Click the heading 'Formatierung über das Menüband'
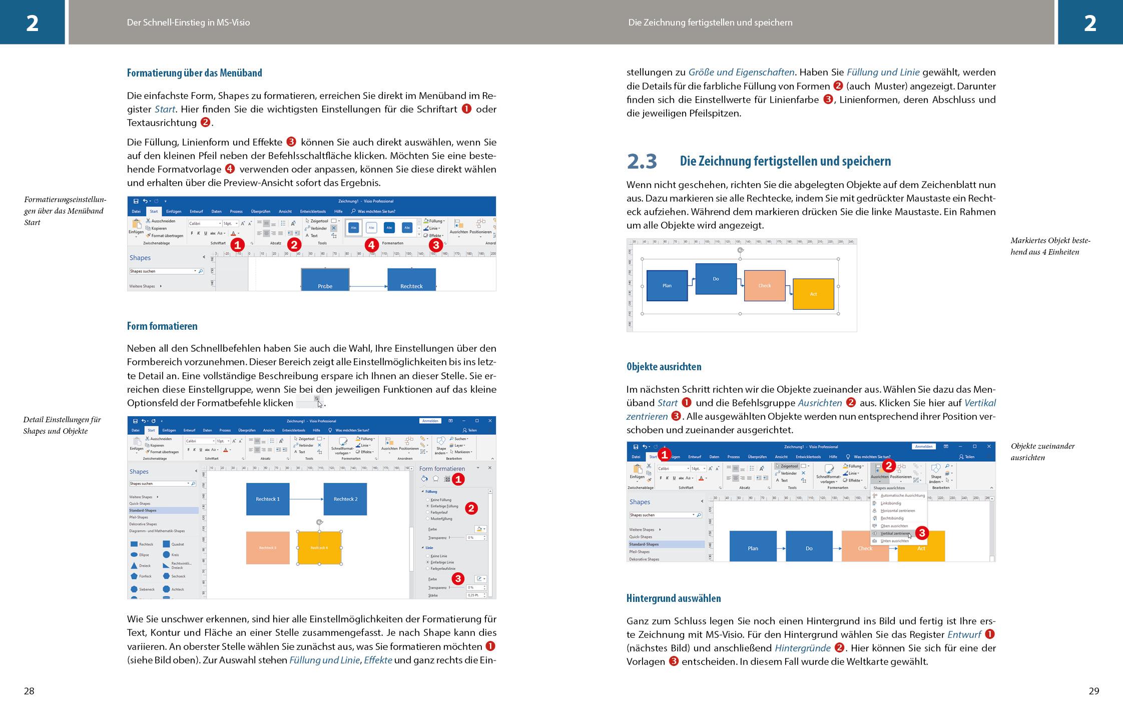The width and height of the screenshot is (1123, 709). tap(194, 73)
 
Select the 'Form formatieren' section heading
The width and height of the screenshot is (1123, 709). tap(162, 326)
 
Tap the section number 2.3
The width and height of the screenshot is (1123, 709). tap(642, 161)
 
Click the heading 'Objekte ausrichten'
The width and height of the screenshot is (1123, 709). tap(664, 367)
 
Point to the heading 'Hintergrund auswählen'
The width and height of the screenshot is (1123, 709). tap(674, 598)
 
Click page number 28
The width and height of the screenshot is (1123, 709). tap(29, 691)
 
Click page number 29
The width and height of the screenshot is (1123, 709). tap(1094, 691)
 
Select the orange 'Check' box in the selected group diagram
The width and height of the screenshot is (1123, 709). tap(764, 286)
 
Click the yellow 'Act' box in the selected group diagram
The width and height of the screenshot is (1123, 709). tap(813, 294)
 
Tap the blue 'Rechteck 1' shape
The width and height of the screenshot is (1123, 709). tap(268, 499)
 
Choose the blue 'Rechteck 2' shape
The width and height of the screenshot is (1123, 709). tap(345, 499)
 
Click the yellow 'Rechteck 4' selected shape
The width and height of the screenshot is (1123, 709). tap(319, 548)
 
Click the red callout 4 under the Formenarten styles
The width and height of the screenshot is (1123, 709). tap(371, 245)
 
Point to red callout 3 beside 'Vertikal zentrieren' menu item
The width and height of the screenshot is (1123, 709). tap(922, 533)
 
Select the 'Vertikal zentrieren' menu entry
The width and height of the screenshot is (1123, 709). tap(895, 533)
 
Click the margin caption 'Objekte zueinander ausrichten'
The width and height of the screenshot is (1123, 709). tap(1042, 452)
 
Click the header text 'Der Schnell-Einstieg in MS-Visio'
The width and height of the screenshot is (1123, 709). tap(188, 23)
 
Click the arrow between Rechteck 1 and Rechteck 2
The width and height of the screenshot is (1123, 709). tap(306, 499)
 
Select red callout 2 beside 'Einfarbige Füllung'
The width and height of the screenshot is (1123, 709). tap(471, 508)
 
